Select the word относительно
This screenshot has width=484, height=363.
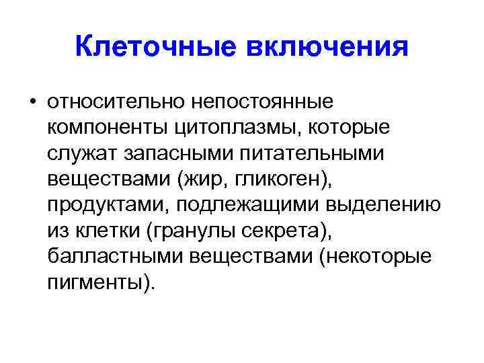(x=115, y=104)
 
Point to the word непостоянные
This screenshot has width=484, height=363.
(x=264, y=104)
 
